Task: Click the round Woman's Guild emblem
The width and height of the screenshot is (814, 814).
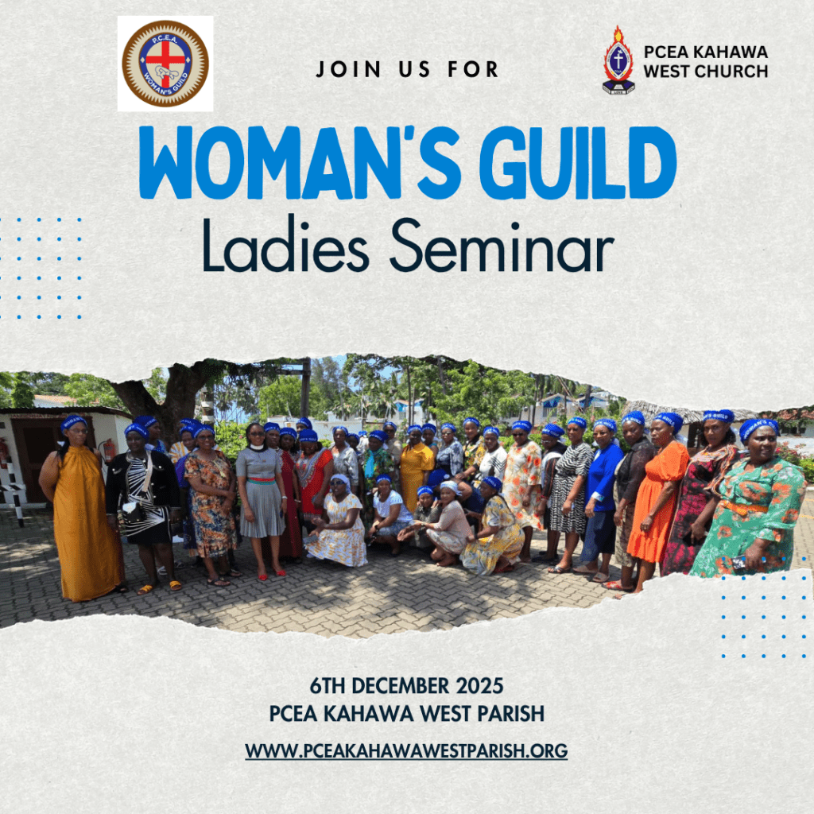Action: [x=165, y=64]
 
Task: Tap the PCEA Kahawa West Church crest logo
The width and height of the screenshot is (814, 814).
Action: [x=618, y=60]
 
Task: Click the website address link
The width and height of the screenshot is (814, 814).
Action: [x=406, y=750]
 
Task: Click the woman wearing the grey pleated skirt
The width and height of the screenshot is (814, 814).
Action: [x=262, y=493]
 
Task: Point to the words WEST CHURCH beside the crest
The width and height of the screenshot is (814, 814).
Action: [x=706, y=72]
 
